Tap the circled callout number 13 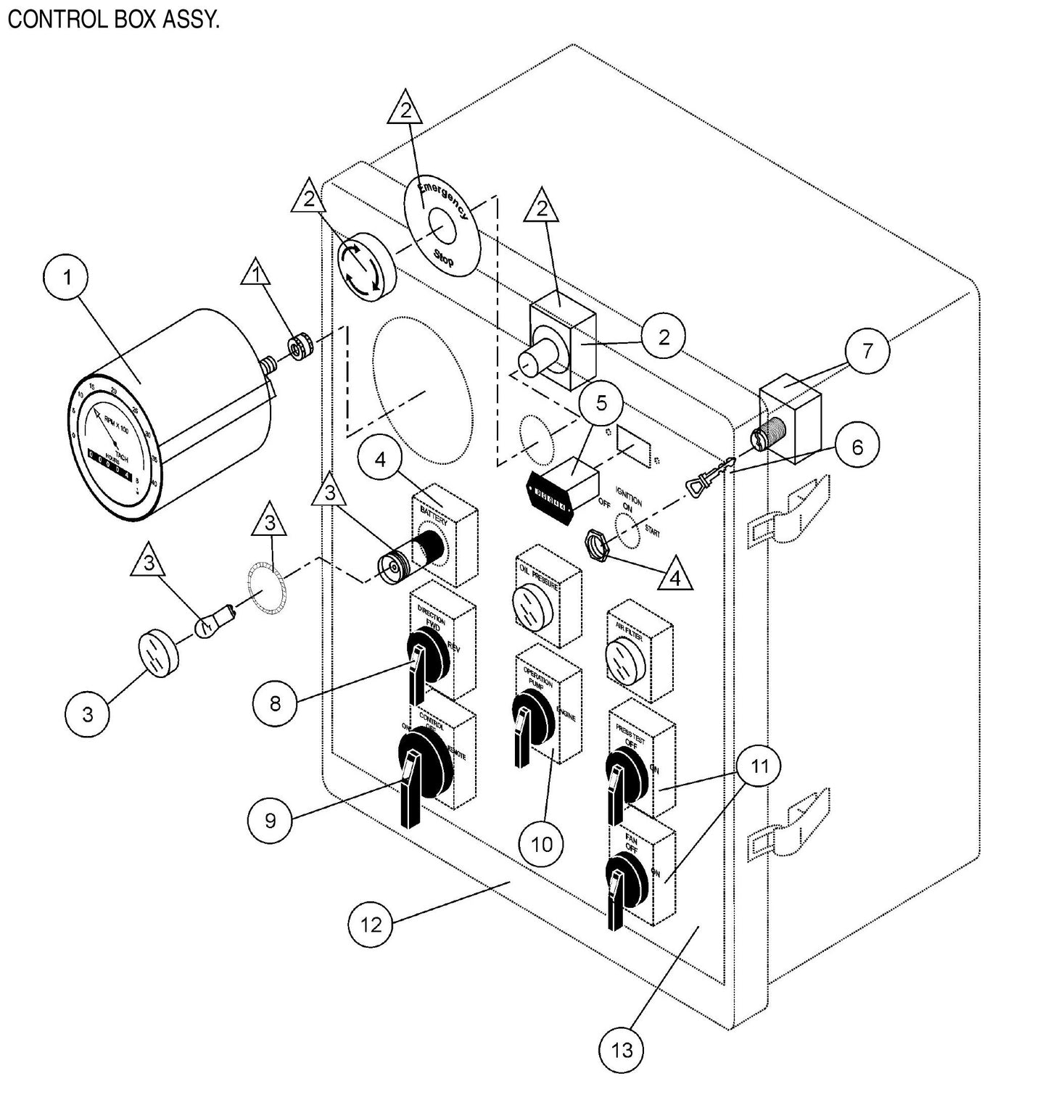click(622, 1049)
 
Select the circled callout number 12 click(371, 925)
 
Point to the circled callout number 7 click(867, 351)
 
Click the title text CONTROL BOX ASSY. click(113, 19)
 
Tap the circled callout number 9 click(271, 820)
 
